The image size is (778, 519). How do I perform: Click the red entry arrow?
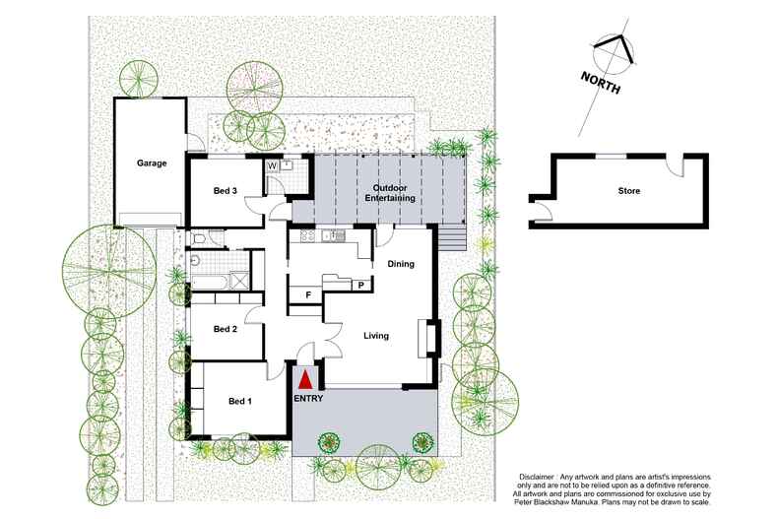pyautogui.click(x=305, y=378)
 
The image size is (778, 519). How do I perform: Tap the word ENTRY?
pyautogui.click(x=308, y=399)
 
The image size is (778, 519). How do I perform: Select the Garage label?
pyautogui.click(x=151, y=163)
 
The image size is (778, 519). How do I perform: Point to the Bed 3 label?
pyautogui.click(x=226, y=190)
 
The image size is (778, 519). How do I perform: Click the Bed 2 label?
pyautogui.click(x=226, y=329)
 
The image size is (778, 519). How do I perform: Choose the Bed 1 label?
pyautogui.click(x=240, y=401)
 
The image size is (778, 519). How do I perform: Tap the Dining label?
pyautogui.click(x=400, y=264)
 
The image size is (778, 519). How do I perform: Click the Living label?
pyautogui.click(x=376, y=336)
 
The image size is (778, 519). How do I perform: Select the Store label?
pyautogui.click(x=628, y=190)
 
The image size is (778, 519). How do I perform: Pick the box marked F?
pyautogui.click(x=307, y=293)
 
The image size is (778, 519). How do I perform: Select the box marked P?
pyautogui.click(x=361, y=286)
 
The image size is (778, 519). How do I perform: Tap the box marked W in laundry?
pyautogui.click(x=272, y=166)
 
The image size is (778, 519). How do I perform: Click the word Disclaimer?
pyautogui.click(x=540, y=476)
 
